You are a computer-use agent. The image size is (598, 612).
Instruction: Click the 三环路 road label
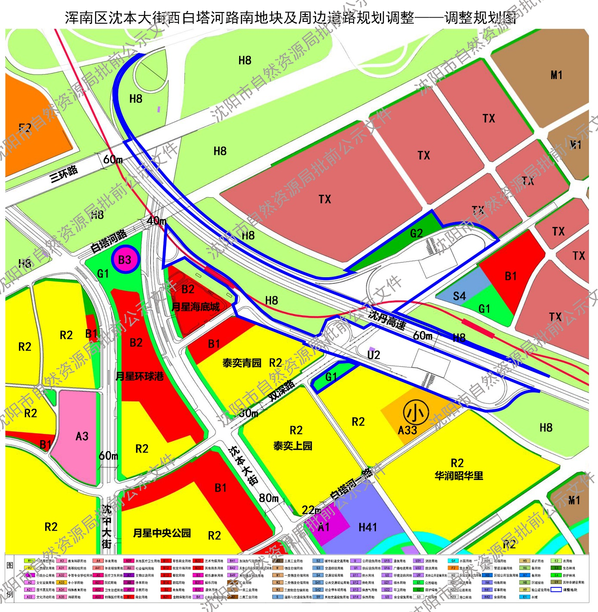[64, 173]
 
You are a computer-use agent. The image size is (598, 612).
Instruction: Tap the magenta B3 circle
[125, 260]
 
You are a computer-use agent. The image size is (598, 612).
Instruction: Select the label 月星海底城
[196, 307]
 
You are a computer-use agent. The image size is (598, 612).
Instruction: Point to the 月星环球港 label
[140, 376]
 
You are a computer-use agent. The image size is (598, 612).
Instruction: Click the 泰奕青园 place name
[242, 363]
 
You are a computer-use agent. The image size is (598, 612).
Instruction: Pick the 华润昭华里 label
[459, 476]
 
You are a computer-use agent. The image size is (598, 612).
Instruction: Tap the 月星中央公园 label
[162, 533]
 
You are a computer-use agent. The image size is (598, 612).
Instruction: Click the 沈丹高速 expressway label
[387, 319]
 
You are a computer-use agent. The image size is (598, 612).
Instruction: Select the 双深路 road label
[282, 390]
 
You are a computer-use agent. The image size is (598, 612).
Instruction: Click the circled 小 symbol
[416, 413]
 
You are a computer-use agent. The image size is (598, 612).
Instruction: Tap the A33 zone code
[407, 430]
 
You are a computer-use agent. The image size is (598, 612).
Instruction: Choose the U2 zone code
[373, 355]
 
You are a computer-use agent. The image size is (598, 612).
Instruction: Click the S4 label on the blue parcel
[459, 296]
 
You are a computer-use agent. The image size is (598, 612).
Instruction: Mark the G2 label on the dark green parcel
[416, 233]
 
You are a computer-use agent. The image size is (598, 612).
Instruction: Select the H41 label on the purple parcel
[368, 527]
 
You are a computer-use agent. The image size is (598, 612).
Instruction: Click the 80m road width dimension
[269, 498]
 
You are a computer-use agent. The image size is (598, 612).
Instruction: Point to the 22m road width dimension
[311, 510]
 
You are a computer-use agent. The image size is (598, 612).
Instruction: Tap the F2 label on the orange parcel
[25, 128]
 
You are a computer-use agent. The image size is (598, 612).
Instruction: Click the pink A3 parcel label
[82, 437]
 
